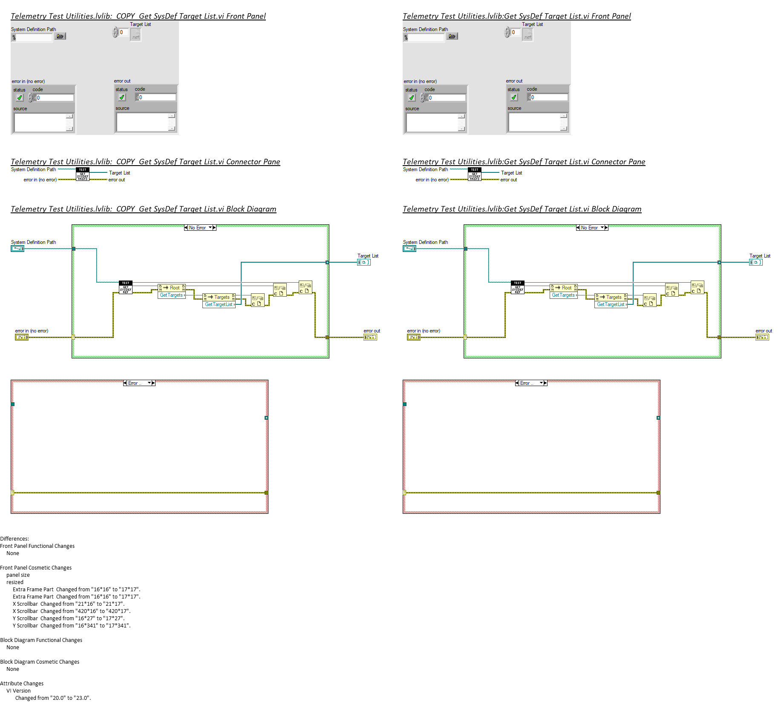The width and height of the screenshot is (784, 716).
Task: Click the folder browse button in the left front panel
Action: click(60, 37)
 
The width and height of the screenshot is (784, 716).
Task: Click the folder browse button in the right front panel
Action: click(452, 37)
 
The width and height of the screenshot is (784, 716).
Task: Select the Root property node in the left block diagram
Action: click(172, 288)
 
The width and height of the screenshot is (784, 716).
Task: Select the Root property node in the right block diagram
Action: click(564, 288)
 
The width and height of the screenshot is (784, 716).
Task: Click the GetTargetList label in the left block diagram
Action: click(219, 304)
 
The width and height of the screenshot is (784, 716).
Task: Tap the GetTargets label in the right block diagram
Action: click(563, 295)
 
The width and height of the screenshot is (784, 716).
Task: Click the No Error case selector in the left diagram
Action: click(200, 228)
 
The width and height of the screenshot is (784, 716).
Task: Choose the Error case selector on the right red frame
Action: click(531, 383)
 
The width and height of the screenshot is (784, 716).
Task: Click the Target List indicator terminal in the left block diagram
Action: click(363, 262)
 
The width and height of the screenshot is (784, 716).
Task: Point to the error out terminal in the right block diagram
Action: click(762, 337)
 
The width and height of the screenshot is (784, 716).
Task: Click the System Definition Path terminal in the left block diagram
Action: click(17, 249)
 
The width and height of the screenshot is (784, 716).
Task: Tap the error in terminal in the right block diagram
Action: click(413, 337)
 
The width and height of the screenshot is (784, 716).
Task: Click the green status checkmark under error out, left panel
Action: click(122, 97)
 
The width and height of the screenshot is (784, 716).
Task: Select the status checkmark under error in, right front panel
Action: click(412, 98)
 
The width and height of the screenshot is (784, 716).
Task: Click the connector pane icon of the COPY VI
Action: click(83, 174)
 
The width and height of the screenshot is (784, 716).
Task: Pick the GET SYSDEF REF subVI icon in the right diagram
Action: click(518, 287)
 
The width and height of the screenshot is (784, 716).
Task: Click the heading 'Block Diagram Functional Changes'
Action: click(41, 640)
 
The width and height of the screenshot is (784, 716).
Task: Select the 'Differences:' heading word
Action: click(14, 539)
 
